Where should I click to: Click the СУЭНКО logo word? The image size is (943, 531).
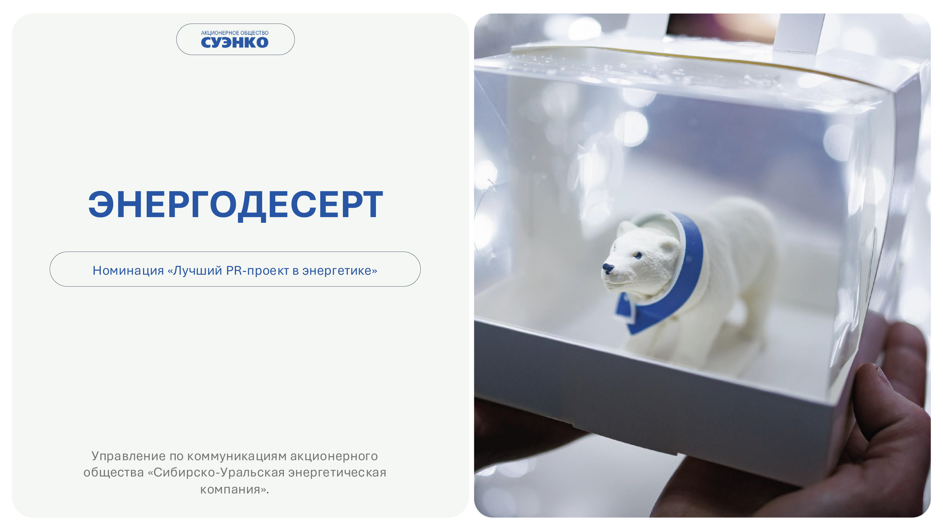235,42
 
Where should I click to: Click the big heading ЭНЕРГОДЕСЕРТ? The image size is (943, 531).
235,205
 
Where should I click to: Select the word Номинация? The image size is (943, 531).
128,270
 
